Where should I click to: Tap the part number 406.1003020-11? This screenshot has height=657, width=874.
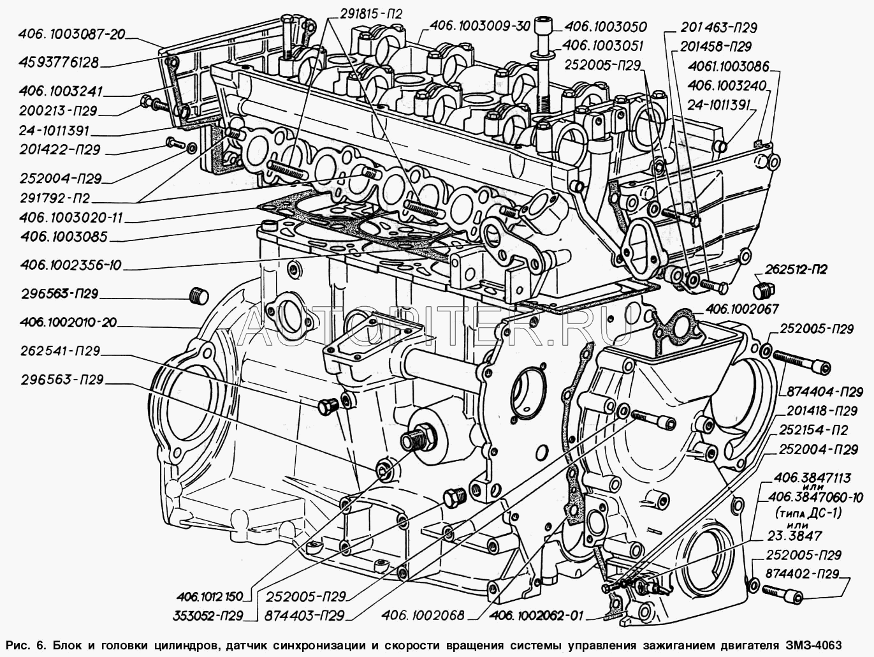point(62,218)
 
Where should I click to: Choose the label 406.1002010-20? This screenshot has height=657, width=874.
point(60,323)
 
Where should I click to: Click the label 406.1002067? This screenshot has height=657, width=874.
point(741,309)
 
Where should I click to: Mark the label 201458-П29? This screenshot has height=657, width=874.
point(716,47)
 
